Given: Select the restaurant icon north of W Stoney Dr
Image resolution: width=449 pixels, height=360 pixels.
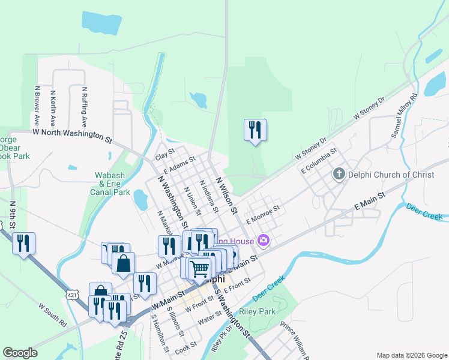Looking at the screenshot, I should pos(255,130).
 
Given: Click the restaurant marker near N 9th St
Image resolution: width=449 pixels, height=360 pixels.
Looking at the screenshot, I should pos(23,243).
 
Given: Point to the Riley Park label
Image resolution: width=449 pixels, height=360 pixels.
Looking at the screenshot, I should pos(257,311).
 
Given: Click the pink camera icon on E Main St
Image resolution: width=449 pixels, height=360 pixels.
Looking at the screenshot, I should pos(263,241).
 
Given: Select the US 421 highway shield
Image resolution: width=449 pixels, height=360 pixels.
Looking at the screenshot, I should pos(72,295).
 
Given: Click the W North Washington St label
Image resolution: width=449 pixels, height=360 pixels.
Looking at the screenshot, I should pos(73,134).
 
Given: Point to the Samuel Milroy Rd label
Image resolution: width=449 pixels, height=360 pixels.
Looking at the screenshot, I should pos(403,116).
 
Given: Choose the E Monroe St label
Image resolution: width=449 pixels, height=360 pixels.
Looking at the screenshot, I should pos(263,214).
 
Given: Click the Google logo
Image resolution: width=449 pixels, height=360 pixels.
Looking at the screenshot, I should pos(20,353).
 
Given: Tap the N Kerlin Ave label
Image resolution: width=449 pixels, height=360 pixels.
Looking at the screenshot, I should pos(53,108).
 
